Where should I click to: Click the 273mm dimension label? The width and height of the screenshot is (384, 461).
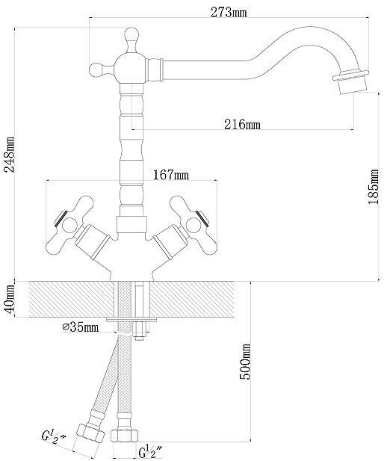229,12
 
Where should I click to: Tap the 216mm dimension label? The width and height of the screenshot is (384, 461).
242,124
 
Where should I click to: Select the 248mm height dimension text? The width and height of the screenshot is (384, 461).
10,155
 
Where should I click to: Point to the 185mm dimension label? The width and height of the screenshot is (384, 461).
374,187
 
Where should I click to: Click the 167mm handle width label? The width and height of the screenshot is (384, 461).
171,175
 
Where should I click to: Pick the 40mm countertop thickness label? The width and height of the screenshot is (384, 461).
9,299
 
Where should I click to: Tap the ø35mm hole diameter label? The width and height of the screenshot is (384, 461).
81,327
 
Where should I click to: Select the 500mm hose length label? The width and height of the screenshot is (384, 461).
245,362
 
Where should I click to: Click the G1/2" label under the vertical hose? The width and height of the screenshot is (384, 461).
150,451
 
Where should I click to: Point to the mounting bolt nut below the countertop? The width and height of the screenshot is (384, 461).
140,331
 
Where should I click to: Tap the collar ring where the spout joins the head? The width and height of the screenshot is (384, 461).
155,69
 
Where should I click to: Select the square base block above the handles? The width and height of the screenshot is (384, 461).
131,225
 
